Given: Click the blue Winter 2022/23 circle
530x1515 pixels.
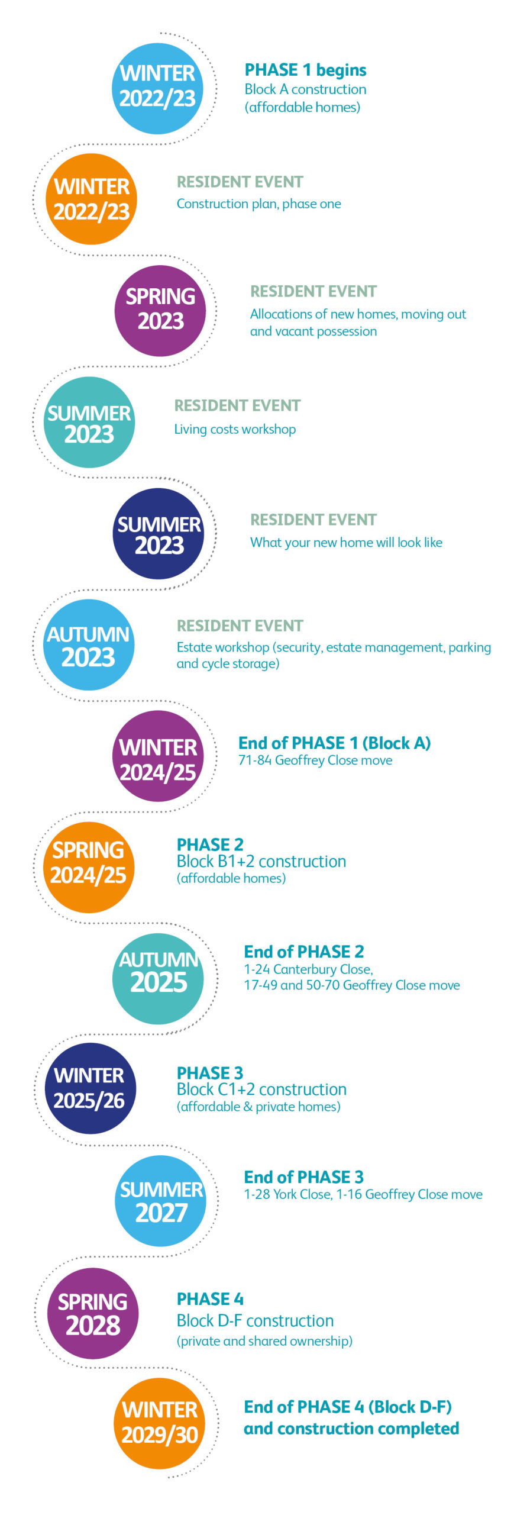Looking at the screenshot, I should (x=157, y=88).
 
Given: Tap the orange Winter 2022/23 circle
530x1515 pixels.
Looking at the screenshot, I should (x=91, y=199).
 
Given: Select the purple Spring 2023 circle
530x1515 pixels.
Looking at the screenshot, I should (x=160, y=310).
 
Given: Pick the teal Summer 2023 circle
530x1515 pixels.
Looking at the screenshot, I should (x=89, y=422).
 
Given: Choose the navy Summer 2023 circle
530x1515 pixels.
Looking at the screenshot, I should (x=159, y=533).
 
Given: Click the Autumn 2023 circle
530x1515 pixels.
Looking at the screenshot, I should (x=89, y=644).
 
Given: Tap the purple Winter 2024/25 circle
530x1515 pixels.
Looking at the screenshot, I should (x=158, y=756).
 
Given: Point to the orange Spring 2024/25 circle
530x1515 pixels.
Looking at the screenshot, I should (x=89, y=867).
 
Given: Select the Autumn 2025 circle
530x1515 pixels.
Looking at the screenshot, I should (x=158, y=978).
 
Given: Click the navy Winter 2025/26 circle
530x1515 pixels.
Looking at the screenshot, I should (x=90, y=1088).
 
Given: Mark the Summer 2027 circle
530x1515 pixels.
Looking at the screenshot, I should (x=160, y=1200).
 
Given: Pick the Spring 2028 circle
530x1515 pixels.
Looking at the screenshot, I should (x=93, y=1313).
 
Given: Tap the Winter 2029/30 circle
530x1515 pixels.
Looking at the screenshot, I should (x=159, y=1423).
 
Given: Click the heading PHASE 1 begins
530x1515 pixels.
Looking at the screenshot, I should (x=305, y=70).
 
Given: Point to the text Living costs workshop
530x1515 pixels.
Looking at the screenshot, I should (x=235, y=429).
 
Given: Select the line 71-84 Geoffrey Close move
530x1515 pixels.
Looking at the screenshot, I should (x=315, y=760).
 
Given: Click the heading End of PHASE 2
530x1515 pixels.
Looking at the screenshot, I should (x=303, y=952).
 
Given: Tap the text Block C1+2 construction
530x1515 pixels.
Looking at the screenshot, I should (x=261, y=1089).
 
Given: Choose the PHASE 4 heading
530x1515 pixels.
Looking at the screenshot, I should (x=210, y=1299).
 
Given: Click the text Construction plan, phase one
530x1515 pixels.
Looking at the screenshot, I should (x=258, y=204).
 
